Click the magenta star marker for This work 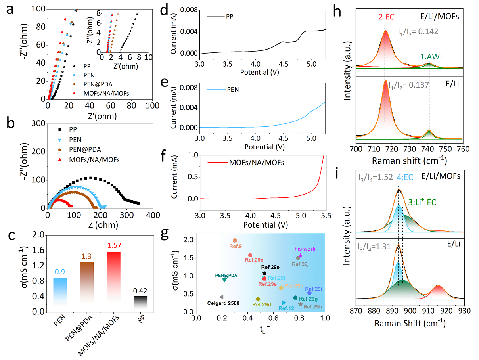coord(301,256)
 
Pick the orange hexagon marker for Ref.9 coord(235,241)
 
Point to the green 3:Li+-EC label coord(427,202)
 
